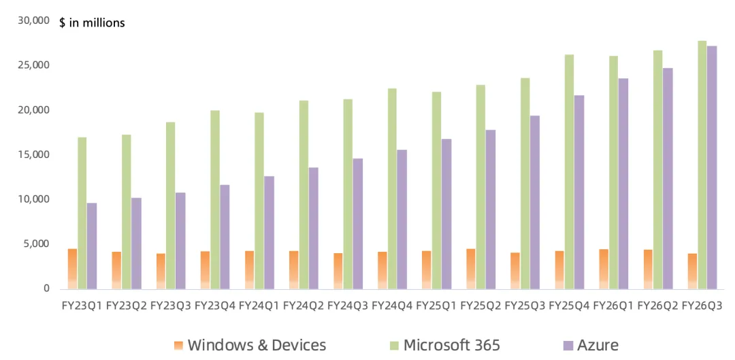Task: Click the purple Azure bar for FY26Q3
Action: (x=713, y=167)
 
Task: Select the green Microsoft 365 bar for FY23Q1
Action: (x=82, y=213)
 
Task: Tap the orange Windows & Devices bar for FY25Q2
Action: (x=470, y=269)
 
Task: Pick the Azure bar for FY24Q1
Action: (x=269, y=233)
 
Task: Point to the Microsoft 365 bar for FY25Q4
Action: (x=570, y=171)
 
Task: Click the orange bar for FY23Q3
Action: (x=161, y=271)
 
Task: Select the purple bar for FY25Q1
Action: (x=446, y=214)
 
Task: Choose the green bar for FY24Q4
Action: (x=393, y=189)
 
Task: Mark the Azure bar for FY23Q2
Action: (x=136, y=243)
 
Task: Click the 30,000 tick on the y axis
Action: (x=34, y=20)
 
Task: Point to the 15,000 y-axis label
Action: (x=34, y=154)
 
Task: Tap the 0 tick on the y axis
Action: (x=46, y=289)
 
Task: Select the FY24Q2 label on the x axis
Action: (x=304, y=306)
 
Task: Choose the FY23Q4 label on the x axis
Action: (x=215, y=306)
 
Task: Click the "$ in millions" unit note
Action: (x=93, y=22)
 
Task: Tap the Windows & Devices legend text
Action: (x=257, y=346)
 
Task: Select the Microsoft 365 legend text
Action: (x=452, y=346)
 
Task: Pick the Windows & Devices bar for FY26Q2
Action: (x=648, y=269)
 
